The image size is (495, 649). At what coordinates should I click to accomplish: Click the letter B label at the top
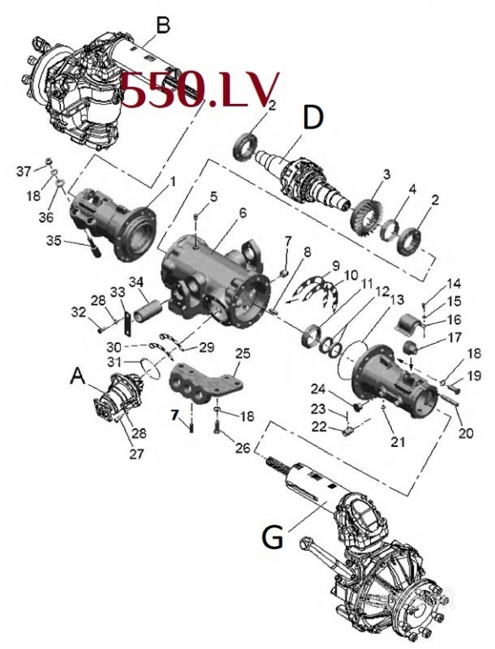(x=162, y=25)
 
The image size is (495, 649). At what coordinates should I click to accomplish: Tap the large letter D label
(x=313, y=119)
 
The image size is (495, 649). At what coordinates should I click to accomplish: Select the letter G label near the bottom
(x=272, y=537)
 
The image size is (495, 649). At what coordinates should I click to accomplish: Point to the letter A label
(x=79, y=376)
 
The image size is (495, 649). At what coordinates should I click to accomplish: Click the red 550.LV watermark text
(x=199, y=91)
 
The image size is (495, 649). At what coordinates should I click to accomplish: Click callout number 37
(x=24, y=170)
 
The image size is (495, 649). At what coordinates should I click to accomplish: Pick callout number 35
(x=54, y=241)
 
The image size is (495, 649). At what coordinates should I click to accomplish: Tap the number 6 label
(x=242, y=212)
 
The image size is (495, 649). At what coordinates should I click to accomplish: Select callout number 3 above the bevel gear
(x=386, y=174)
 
